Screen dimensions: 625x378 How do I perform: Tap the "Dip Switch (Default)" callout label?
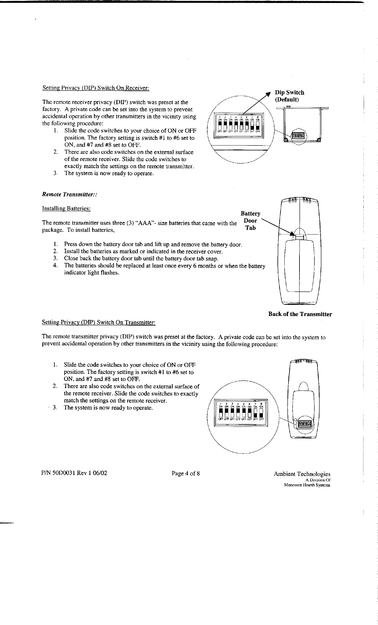tap(289, 96)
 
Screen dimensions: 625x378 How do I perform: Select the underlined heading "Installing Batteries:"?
tap(66, 209)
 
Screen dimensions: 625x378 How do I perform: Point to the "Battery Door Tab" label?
tap(250, 221)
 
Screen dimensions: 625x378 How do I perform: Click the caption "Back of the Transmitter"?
tap(300, 314)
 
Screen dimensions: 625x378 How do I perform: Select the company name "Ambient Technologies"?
tap(302, 474)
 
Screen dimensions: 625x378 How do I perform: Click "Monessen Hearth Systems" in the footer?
tap(307, 485)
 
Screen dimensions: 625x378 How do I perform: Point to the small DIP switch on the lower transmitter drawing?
tap(305, 423)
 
